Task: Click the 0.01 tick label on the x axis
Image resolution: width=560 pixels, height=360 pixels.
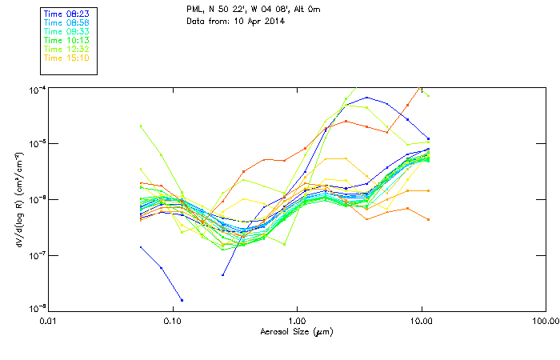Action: click(x=49, y=321)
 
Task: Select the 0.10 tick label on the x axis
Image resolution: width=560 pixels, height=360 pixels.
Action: click(x=173, y=321)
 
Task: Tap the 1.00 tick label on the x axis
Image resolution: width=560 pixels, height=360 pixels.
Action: click(x=297, y=321)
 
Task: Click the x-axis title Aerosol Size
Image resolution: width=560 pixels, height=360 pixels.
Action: click(x=295, y=331)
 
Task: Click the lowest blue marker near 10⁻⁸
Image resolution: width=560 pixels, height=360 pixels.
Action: click(x=182, y=300)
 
